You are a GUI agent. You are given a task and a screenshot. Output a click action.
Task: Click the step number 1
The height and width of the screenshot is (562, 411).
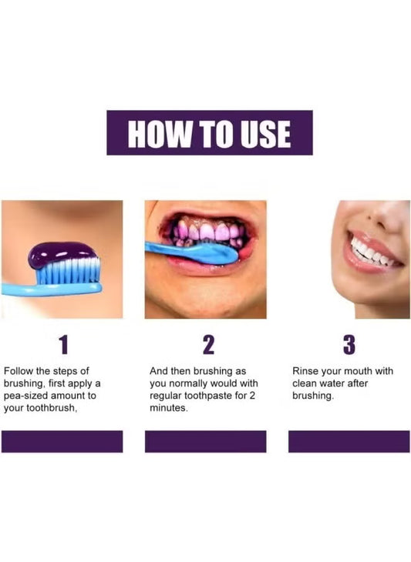[63, 344]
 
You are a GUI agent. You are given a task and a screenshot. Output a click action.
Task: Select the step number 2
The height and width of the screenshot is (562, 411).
[208, 344]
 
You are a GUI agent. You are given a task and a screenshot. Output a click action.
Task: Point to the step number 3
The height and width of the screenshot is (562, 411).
[349, 344]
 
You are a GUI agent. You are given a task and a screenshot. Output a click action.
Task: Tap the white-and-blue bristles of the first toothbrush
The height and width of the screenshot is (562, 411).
[68, 272]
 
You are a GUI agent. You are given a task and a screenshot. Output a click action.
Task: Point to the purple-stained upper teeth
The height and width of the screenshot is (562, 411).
[209, 231]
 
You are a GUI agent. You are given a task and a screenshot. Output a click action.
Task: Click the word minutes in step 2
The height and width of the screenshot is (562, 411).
[168, 408]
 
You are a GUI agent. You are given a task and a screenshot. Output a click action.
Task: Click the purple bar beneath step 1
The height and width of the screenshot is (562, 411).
[62, 442]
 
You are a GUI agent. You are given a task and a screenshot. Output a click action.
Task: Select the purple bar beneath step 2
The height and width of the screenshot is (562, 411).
[206, 442]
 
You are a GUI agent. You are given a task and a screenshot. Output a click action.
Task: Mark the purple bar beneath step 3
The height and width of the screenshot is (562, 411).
[349, 442]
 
